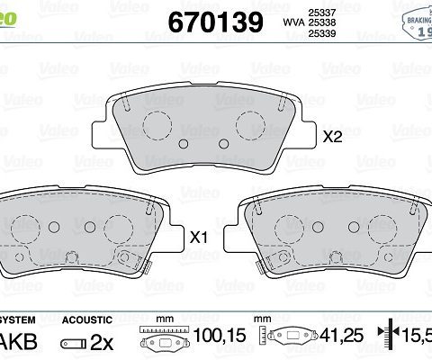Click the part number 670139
click(215, 22)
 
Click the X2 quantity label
click(334, 138)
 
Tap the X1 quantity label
click(199, 238)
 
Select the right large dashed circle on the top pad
click(251, 124)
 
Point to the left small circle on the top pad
click(184, 145)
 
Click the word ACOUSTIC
click(86, 319)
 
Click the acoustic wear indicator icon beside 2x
click(75, 343)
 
